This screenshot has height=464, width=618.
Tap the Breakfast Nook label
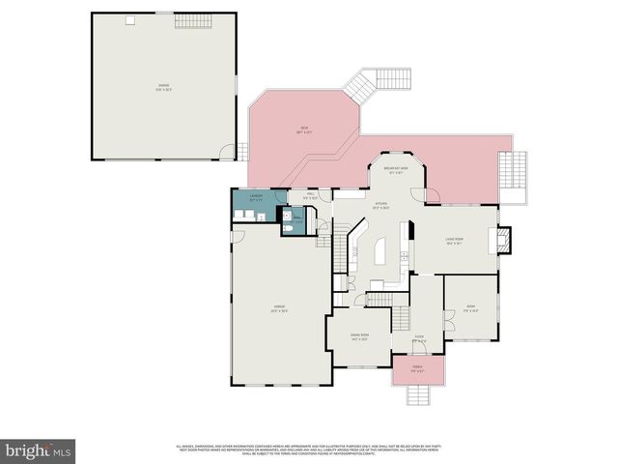click(394, 169)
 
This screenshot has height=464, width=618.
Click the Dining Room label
click(359, 337)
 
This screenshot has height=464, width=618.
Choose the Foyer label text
click(420, 338)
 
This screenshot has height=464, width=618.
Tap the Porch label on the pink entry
click(419, 368)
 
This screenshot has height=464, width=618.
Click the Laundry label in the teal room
click(257, 197)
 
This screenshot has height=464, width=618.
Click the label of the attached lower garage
click(279, 310)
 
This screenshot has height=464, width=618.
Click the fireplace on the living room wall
click(503, 238)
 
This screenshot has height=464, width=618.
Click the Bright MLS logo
click(39, 451)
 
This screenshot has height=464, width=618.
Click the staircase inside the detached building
click(186, 20)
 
